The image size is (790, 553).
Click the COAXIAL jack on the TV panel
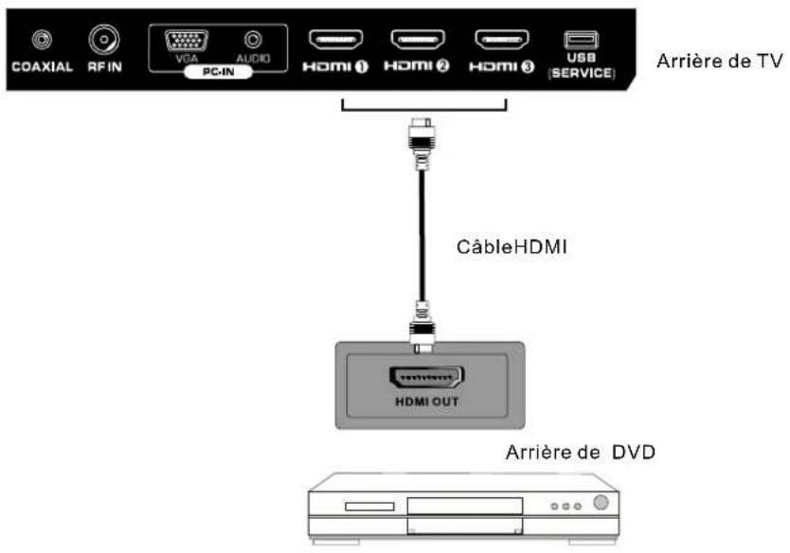pos(41,41)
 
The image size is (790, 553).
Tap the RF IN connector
pos(101,40)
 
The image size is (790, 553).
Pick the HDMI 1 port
pos(336,41)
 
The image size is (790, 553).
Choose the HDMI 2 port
pos(419,41)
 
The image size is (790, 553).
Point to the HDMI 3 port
pos(502,41)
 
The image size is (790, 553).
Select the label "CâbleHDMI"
pos(510,253)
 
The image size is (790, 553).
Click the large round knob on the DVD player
pos(600,503)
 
